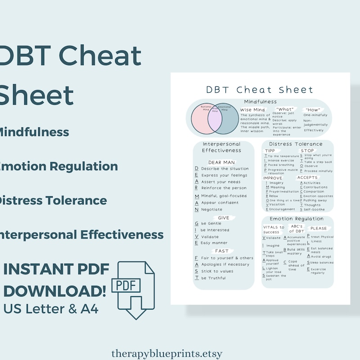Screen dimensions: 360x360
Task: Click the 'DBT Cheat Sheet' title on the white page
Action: pyautogui.click(x=260, y=89)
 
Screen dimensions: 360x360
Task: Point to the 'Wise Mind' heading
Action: pyautogui.click(x=252, y=110)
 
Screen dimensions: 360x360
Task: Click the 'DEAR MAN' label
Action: pyautogui.click(x=222, y=162)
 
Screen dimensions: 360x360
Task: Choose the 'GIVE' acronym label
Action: pyautogui.click(x=224, y=217)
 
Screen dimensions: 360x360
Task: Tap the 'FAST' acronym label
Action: pyautogui.click(x=222, y=251)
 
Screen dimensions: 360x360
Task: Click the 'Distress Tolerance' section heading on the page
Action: pyautogui.click(x=296, y=144)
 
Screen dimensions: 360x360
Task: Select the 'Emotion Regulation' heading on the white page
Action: pyautogui.click(x=297, y=219)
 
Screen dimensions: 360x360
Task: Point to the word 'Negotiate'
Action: pyautogui.click(x=212, y=209)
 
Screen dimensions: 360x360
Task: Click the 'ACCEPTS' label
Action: pyautogui.click(x=307, y=177)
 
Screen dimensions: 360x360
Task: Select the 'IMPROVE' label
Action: pyautogui.click(x=273, y=178)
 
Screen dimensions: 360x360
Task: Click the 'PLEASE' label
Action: pyautogui.click(x=319, y=229)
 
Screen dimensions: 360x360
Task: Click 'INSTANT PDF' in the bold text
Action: pyautogui.click(x=56, y=270)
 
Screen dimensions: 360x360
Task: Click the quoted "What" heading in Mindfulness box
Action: pyautogui.click(x=285, y=109)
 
